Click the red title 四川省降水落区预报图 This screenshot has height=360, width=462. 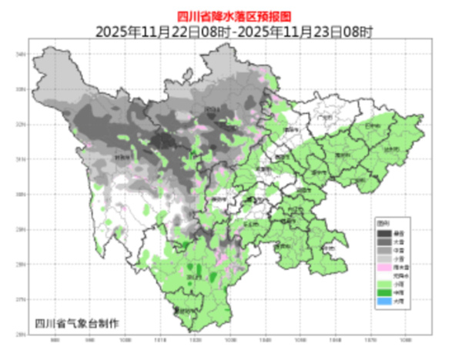(230, 15)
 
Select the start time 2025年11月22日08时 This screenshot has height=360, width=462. (162, 32)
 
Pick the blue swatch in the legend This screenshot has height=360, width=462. (383, 302)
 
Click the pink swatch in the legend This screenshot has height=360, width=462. (383, 266)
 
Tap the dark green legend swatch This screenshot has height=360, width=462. (383, 293)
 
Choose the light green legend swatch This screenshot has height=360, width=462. (383, 284)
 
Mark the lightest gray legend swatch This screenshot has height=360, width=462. (383, 258)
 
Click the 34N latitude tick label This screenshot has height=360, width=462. (21, 55)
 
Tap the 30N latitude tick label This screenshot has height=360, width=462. (21, 195)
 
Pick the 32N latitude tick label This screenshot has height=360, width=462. (21, 125)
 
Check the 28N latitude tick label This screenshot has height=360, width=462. (21, 265)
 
